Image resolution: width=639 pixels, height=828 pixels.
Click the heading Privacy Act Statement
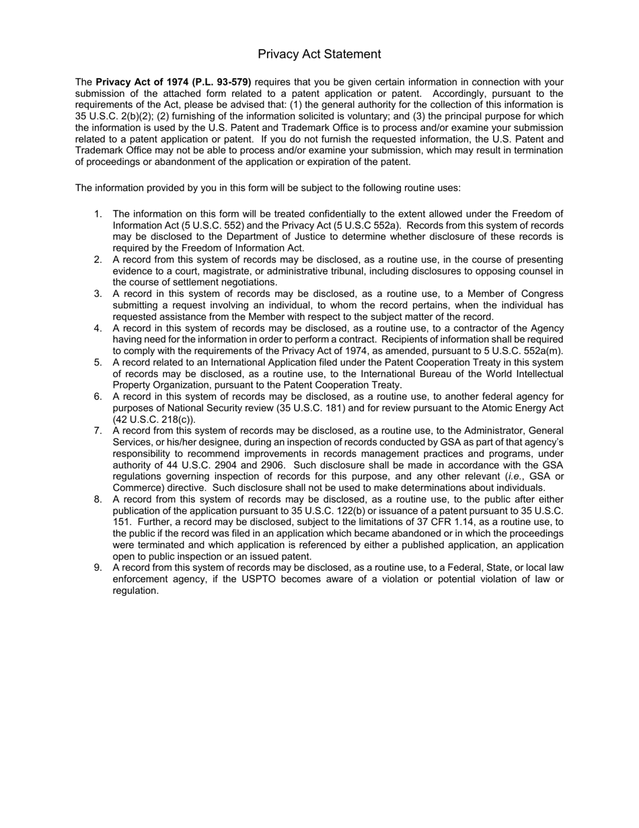click(x=319, y=55)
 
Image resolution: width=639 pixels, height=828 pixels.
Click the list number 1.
click(x=98, y=214)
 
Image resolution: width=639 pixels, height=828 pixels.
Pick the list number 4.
click(x=98, y=329)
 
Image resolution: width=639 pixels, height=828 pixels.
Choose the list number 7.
click(x=98, y=431)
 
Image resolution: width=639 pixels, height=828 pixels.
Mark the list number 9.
click(x=98, y=568)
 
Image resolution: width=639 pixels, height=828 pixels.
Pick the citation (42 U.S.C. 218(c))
click(x=154, y=420)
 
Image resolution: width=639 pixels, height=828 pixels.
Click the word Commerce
click(x=137, y=488)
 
